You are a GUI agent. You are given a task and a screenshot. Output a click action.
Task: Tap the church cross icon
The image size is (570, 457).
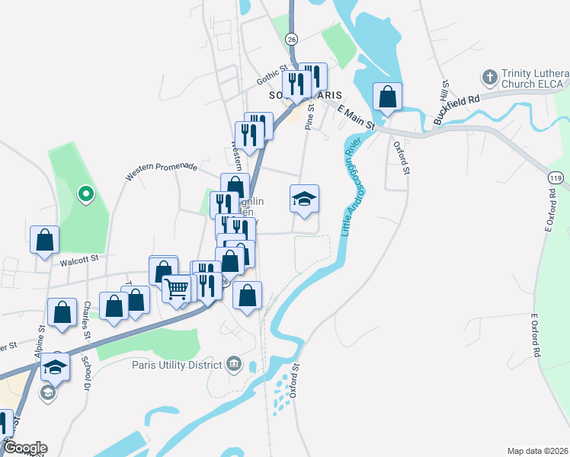click(x=488, y=78)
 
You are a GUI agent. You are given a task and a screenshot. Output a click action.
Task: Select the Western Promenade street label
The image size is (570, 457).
click(x=162, y=171)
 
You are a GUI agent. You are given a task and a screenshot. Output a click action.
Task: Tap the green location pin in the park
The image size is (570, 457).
click(x=86, y=193)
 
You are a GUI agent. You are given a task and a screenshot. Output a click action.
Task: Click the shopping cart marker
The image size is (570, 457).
click(x=178, y=289)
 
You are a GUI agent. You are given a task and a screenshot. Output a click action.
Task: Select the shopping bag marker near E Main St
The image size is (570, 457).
click(x=387, y=97)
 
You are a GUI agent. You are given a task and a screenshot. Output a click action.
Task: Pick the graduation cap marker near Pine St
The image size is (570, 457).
click(x=304, y=200)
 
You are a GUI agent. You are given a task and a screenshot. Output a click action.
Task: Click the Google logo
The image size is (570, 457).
click(x=24, y=448)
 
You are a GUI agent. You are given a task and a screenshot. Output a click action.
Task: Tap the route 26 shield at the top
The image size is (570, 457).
click(x=291, y=38)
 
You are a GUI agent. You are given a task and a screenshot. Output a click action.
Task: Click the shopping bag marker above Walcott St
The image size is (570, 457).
click(x=45, y=240)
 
